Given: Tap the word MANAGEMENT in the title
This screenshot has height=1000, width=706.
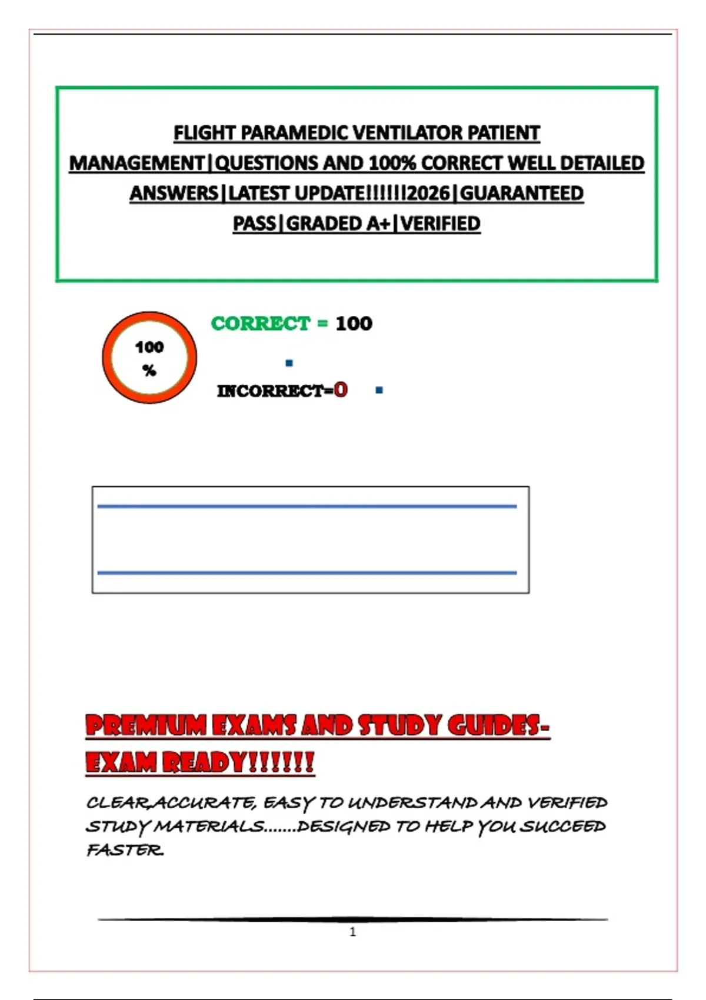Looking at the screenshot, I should (x=136, y=164).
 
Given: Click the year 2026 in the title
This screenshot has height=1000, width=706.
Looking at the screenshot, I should (x=428, y=194).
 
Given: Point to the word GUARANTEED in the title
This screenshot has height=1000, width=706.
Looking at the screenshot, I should (x=521, y=194).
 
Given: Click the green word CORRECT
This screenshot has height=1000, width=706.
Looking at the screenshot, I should (x=260, y=324).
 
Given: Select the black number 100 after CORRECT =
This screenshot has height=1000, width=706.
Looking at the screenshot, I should (x=354, y=324).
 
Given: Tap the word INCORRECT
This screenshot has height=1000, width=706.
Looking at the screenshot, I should (x=270, y=391).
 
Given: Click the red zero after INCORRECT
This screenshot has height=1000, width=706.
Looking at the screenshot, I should (x=341, y=389).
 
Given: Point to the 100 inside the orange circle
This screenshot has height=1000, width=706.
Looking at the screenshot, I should (x=149, y=347).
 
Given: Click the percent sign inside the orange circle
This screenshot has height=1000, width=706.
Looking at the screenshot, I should (x=149, y=371).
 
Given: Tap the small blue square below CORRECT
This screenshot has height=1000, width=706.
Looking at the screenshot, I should (x=289, y=363).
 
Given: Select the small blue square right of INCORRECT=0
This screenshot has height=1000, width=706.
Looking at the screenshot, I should (x=379, y=390).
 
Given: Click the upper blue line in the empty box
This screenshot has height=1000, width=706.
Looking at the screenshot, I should (x=307, y=506).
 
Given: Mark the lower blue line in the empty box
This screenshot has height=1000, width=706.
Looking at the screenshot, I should (x=307, y=572).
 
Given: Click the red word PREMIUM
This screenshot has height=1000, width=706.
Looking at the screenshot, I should (x=145, y=726).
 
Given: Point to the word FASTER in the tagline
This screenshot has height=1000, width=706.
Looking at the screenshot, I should (x=125, y=851).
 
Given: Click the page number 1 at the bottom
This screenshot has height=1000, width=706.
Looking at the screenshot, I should (x=353, y=932).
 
